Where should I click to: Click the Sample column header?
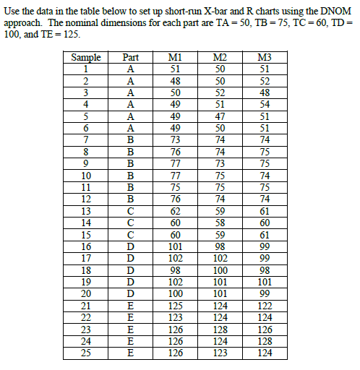click(86, 58)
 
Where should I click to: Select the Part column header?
click(131, 58)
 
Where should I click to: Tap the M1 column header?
click(175, 58)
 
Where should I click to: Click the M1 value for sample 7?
click(175, 139)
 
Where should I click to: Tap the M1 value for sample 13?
click(175, 211)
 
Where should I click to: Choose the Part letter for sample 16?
click(131, 246)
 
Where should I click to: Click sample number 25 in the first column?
click(86, 353)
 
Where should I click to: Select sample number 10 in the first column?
click(86, 175)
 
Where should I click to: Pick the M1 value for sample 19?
click(175, 282)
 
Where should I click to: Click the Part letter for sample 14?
click(131, 223)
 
